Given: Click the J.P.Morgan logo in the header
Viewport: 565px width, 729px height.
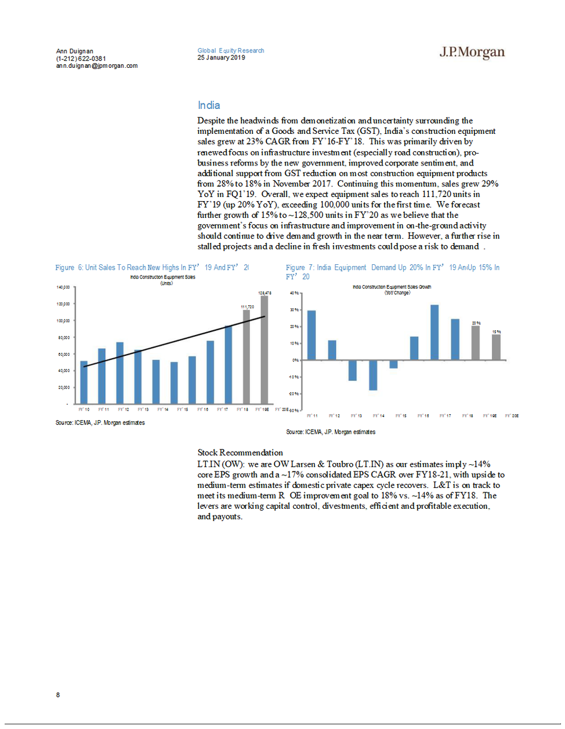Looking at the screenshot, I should tap(472, 54).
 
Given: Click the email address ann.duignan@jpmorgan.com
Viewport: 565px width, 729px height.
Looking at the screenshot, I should tap(97, 66).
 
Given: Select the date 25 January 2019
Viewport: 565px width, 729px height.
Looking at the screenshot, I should tap(221, 58).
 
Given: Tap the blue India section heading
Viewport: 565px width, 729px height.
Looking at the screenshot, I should tap(209, 105).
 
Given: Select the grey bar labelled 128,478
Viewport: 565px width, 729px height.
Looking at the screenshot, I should tap(264, 351).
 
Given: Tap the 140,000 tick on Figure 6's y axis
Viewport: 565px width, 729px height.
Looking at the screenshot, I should tap(63, 287).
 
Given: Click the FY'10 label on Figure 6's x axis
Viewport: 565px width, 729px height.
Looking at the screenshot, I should tap(84, 409).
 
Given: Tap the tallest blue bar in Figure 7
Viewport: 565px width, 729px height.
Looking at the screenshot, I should tap(435, 332).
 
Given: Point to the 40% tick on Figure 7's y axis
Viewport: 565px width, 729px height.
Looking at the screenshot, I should tap(294, 293).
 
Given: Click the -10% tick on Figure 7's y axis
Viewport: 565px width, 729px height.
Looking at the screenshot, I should tap(294, 377).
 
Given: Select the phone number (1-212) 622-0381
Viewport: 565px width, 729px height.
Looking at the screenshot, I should tap(81, 58).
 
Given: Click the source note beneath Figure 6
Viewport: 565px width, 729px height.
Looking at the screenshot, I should tap(100, 423).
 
